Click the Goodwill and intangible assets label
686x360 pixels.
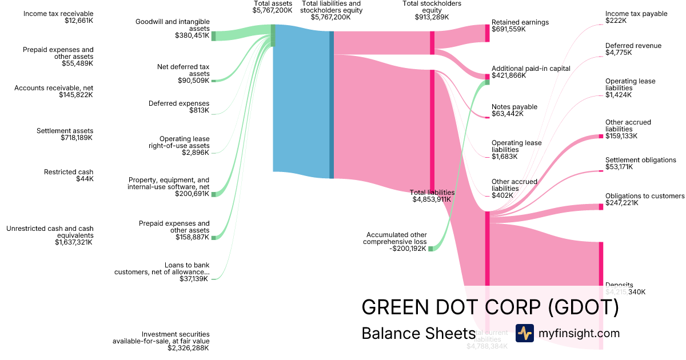pos(172,25)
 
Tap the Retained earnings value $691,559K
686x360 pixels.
pos(508,29)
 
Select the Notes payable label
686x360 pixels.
pos(514,107)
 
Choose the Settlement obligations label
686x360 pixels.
pos(640,160)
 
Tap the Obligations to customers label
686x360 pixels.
pos(644,196)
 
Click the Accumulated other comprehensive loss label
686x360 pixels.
pos(396,238)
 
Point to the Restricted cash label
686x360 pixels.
pos(69,172)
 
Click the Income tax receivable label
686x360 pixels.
pos(58,14)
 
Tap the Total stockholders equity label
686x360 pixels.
pos(432,6)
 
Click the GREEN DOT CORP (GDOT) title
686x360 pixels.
pos(490,307)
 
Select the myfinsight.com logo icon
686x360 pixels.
pos(524,333)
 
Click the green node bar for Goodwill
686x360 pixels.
pos(214,36)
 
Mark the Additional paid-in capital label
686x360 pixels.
pos(531,69)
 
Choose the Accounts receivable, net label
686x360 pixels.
pos(54,88)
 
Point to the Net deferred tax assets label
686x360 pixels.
pos(183,70)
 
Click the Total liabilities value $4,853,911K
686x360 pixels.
pos(432,199)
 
